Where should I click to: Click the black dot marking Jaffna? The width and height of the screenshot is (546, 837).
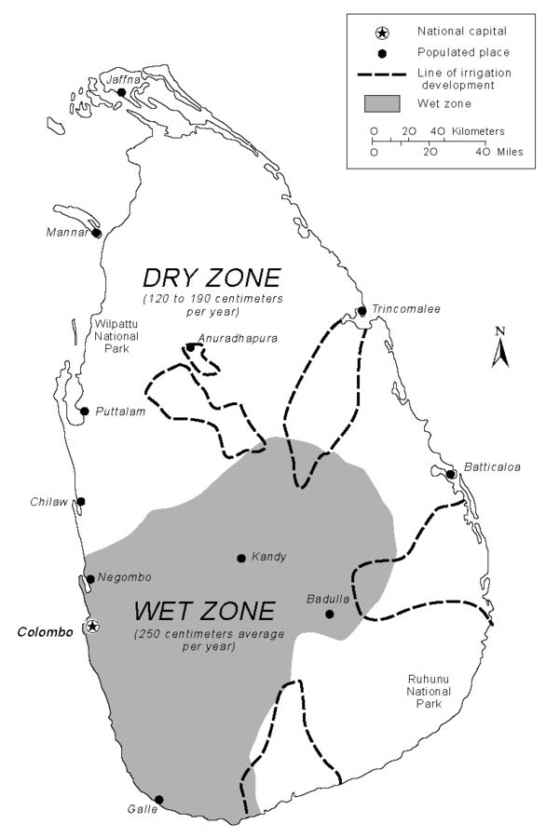pos(121,92)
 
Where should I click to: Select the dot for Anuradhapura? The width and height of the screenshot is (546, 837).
pos(190,347)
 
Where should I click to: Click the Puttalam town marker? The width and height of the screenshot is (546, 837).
pos(85,411)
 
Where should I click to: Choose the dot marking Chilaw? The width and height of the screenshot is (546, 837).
pos(81,501)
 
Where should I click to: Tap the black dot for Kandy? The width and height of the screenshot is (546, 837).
pos(241,558)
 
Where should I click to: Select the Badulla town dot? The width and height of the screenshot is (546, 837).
pos(329,614)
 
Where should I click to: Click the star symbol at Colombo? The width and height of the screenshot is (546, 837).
pos(91,627)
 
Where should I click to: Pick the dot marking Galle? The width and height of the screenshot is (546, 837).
pos(159,799)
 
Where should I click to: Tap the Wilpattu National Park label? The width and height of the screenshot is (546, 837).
pos(117,337)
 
